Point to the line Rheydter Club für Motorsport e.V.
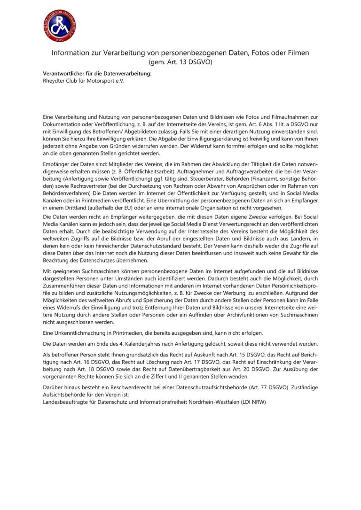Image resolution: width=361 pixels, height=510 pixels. (84, 81)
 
